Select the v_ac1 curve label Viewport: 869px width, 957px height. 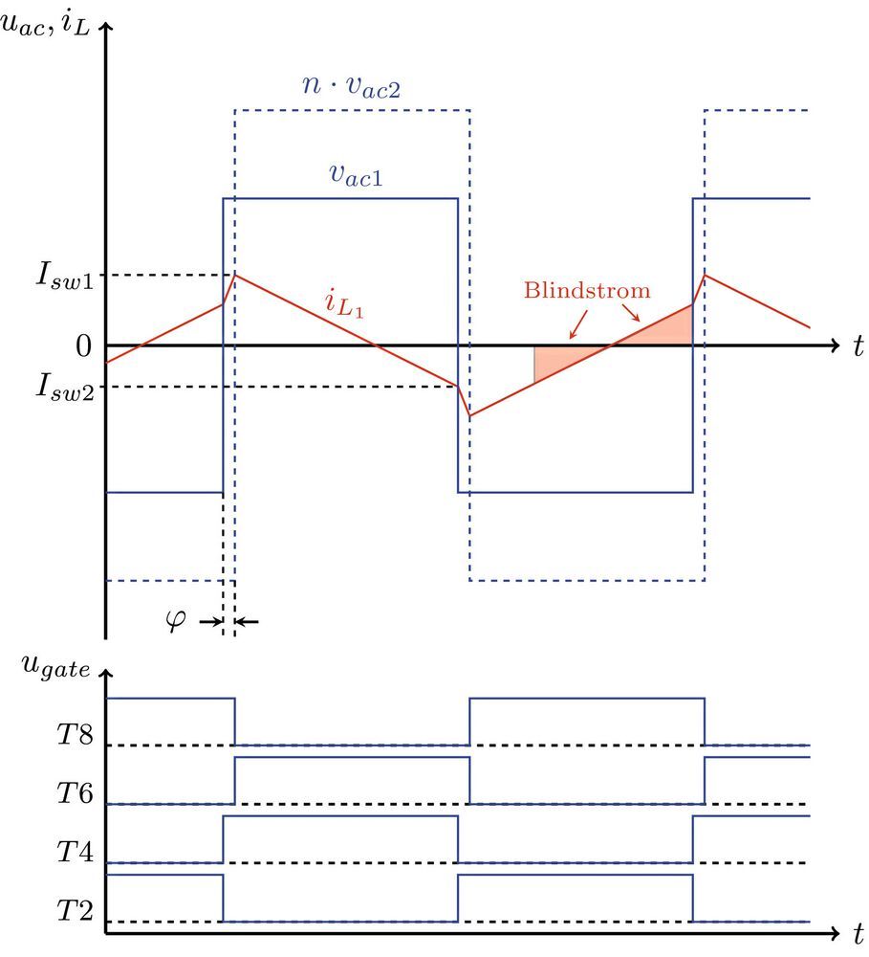coord(349,174)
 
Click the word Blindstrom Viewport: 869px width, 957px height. coord(587,290)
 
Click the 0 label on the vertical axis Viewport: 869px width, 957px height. coord(84,345)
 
